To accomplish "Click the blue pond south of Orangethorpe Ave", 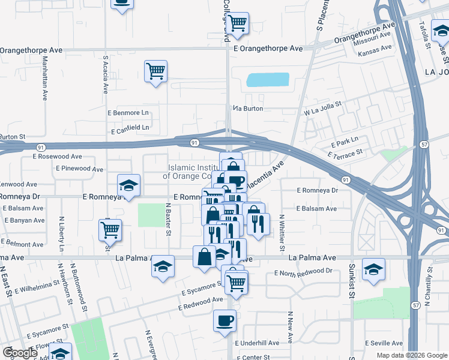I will coord(268,80).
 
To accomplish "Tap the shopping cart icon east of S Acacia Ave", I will coord(156,71).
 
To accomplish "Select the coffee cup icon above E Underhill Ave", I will coord(224,320).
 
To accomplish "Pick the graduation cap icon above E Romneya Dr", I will coord(128,185).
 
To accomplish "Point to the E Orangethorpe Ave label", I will coord(268,48).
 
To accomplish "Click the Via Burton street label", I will coord(249,109).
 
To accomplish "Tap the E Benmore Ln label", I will coord(128,112).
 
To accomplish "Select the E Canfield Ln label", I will coord(130,128).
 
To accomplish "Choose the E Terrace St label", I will coord(346,154).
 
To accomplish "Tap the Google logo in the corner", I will coord(20,353).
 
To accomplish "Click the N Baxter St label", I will coord(169,218).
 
